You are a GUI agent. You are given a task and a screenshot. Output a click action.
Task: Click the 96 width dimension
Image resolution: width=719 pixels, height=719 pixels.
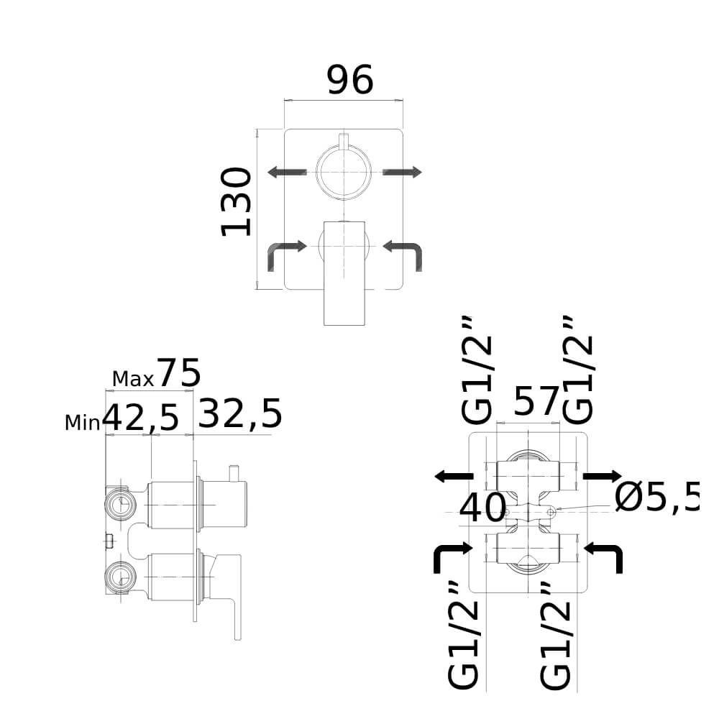coord(350,81)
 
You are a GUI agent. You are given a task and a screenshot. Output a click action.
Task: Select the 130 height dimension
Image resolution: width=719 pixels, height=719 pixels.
coord(236,202)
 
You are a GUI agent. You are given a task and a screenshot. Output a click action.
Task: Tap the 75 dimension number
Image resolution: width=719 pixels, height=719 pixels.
coord(179,373)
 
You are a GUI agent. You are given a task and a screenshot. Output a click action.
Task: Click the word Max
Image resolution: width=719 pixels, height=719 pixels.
coord(133,379)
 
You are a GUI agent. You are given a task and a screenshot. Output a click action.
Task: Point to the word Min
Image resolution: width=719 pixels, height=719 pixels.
coord(83,423)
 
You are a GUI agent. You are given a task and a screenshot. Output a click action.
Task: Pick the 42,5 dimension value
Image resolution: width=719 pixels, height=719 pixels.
coord(140,418)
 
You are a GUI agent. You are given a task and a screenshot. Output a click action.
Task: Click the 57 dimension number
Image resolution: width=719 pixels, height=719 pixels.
coord(536,401)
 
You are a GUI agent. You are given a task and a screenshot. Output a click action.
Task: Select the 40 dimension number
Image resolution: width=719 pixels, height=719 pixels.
coord(482,508)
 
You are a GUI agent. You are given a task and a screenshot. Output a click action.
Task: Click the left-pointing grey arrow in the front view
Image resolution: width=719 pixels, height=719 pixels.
coord(287,173)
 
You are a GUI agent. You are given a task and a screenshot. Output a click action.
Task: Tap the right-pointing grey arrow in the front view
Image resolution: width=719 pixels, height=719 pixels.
coord(402,173)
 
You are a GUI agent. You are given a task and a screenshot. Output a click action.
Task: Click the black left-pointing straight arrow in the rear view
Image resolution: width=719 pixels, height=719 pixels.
coord(454,477)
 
